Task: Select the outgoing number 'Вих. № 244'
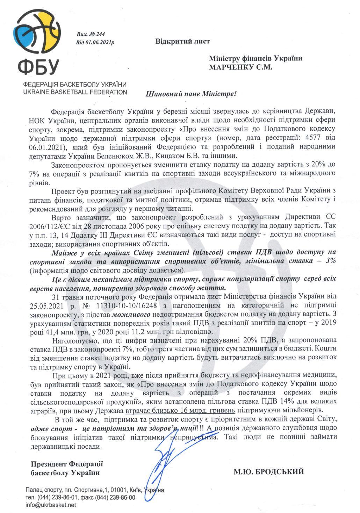tap(91, 34)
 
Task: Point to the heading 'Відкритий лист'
tap(182, 41)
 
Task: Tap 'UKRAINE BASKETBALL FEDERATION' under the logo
tap(75, 92)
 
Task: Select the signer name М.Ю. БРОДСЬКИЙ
tap(269, 472)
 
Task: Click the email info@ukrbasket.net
tap(50, 505)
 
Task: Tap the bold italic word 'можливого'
tap(131, 315)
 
